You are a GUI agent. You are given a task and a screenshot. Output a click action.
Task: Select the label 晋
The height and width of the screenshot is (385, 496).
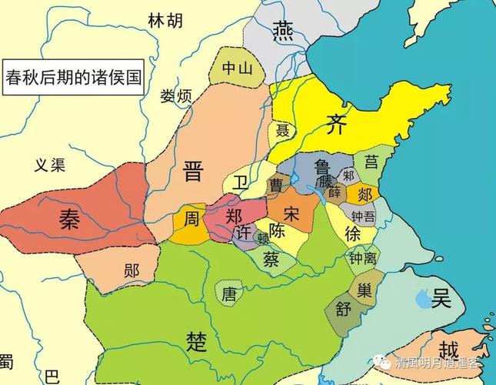(x=194, y=170)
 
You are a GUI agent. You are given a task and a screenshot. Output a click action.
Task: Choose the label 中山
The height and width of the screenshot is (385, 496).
(x=237, y=68)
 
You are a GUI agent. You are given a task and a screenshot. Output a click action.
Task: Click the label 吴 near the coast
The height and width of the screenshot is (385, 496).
(x=441, y=297)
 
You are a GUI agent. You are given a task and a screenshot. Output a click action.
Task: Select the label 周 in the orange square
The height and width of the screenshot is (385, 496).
(x=192, y=219)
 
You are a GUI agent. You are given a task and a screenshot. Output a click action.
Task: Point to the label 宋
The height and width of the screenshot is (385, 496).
(x=291, y=212)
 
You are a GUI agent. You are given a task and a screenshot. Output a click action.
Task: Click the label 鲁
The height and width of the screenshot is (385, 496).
(x=321, y=167)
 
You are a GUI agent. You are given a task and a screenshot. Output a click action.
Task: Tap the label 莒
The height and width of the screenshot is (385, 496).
(x=371, y=162)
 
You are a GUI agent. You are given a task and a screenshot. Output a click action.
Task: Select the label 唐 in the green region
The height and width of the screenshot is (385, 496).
(x=229, y=293)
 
